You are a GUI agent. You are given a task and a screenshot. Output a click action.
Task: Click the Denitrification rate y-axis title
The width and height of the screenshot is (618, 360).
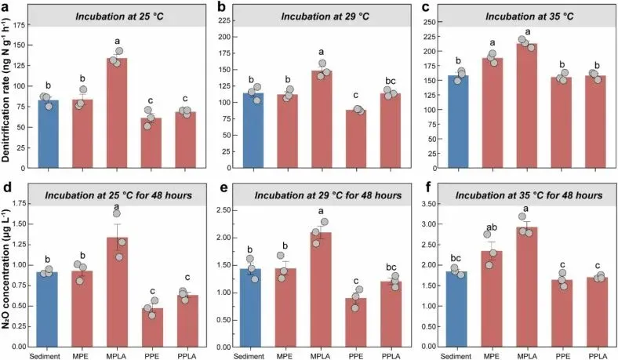7,93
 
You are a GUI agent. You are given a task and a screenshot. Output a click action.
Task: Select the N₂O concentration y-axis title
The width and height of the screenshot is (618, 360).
7,272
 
